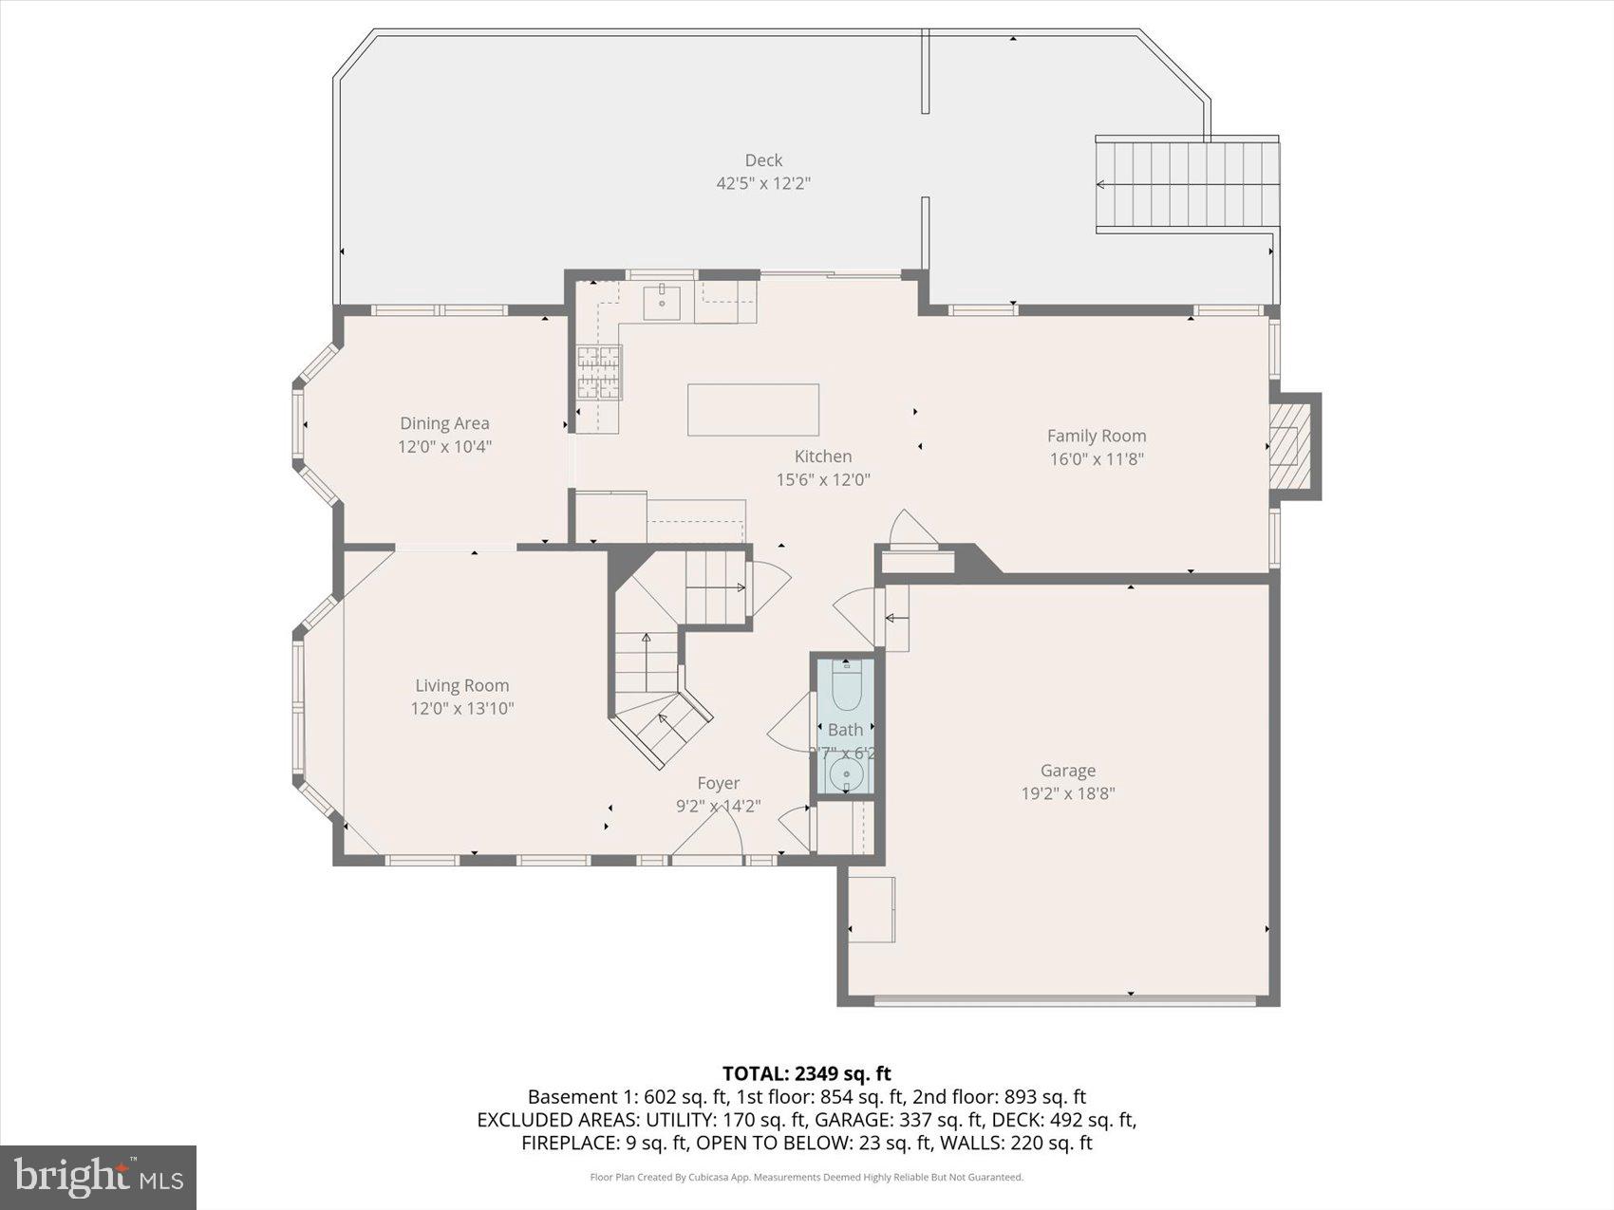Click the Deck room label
click(763, 160)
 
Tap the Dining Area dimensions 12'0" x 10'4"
click(444, 447)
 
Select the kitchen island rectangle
click(753, 410)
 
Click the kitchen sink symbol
click(662, 303)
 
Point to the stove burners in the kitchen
click(598, 372)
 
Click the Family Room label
click(1097, 436)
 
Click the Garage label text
click(1067, 771)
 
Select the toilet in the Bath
click(845, 687)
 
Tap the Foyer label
click(718, 783)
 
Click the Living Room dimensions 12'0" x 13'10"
click(462, 708)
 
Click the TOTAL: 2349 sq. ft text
click(806, 1073)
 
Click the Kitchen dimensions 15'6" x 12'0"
click(823, 480)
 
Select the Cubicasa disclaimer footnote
click(806, 1178)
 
